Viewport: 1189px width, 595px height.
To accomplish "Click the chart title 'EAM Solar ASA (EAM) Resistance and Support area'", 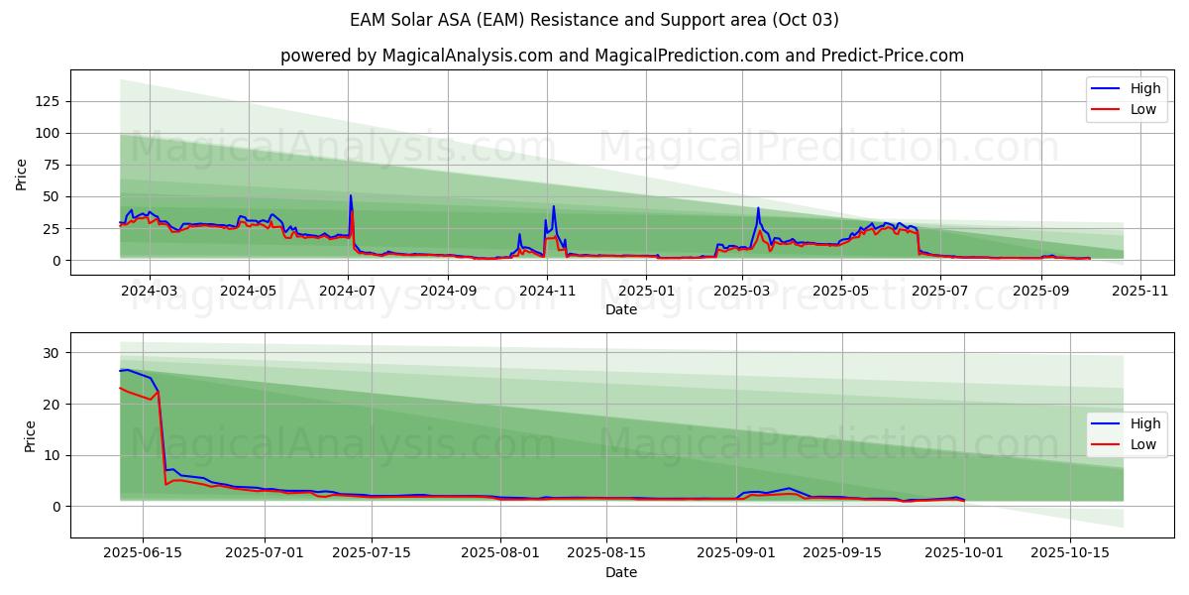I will pyautogui.click(x=594, y=20).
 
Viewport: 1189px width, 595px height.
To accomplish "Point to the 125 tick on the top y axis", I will pyautogui.click(x=47, y=101).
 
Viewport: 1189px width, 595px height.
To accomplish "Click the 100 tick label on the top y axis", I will pyautogui.click(x=47, y=133).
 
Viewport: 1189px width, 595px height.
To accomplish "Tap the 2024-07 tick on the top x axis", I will pyautogui.click(x=349, y=291).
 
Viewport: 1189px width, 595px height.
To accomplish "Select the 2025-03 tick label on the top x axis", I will pyautogui.click(x=742, y=291).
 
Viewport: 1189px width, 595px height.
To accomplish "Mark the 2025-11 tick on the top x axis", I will pyautogui.click(x=1140, y=291).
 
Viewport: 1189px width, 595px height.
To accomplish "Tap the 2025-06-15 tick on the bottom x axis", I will pyautogui.click(x=143, y=553).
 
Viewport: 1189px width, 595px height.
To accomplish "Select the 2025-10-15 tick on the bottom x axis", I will pyautogui.click(x=1070, y=553).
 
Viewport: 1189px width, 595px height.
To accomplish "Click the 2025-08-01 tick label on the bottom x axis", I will pyautogui.click(x=500, y=553).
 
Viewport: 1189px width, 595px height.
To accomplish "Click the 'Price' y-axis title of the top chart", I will pyautogui.click(x=22, y=174).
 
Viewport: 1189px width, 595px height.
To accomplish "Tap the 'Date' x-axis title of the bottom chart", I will pyautogui.click(x=621, y=572).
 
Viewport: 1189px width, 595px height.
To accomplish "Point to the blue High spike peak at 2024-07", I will pyautogui.click(x=350, y=195).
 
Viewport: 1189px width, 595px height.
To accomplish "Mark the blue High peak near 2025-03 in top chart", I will pyautogui.click(x=758, y=208).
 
